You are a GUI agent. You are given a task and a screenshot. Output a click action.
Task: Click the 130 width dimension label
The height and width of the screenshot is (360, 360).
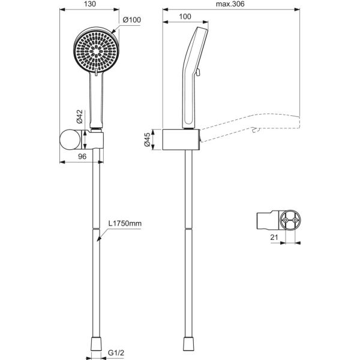pyautogui.click(x=90, y=4)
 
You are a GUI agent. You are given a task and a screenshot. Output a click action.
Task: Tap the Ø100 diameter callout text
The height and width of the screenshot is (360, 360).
pyautogui.click(x=132, y=20)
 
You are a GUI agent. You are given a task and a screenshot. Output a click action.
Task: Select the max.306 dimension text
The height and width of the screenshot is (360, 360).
pyautogui.click(x=230, y=4)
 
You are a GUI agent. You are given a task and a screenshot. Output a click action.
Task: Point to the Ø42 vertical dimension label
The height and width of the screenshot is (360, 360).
pyautogui.click(x=80, y=116)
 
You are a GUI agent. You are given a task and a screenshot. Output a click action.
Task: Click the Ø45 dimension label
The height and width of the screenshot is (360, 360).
pyautogui.click(x=147, y=139)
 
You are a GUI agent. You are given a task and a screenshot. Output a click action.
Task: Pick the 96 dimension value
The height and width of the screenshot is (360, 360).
pyautogui.click(x=82, y=157)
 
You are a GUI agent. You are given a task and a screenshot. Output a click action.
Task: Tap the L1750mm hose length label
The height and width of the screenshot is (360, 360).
pyautogui.click(x=125, y=223)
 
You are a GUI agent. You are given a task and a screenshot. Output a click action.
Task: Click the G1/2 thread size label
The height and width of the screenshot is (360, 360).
pyautogui.click(x=116, y=353)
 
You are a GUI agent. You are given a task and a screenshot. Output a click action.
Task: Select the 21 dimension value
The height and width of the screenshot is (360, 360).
pyautogui.click(x=274, y=237)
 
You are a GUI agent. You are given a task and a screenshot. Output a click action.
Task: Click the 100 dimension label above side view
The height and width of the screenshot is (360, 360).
pyautogui.click(x=185, y=17)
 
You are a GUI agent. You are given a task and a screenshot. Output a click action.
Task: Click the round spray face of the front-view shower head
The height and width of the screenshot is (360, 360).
pyautogui.click(x=97, y=51)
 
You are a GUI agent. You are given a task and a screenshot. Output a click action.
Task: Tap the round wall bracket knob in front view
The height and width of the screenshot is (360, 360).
pyautogui.click(x=70, y=140)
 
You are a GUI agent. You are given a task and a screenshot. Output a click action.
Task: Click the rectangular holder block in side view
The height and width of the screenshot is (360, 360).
pyautogui.click(x=181, y=140)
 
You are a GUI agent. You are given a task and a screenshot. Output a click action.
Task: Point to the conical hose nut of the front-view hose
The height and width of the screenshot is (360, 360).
pyautogui.click(x=96, y=344)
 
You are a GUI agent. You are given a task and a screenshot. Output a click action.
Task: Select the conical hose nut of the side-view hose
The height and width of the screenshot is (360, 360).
pyautogui.click(x=189, y=344)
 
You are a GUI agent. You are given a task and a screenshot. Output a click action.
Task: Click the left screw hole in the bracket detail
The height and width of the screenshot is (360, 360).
pyautogui.click(x=286, y=220)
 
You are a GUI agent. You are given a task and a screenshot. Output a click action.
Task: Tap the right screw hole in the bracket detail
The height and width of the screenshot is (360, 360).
pyautogui.click(x=295, y=220)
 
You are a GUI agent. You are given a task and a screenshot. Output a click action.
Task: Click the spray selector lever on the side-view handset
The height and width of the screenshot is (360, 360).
pyautogui.click(x=198, y=72)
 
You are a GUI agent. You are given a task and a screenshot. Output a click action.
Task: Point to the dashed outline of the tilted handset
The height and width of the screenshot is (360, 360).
pyautogui.click(x=250, y=127)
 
